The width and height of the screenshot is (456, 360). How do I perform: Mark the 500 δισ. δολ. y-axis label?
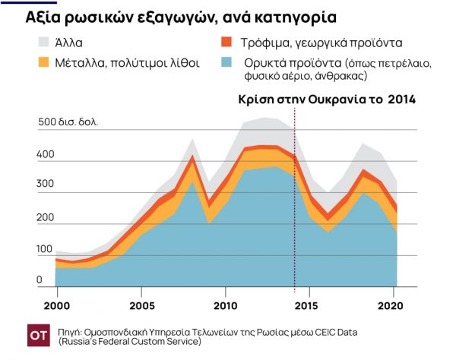point(68,122)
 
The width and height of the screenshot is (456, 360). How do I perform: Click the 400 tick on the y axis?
point(46,154)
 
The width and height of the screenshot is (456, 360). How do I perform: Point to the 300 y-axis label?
point(46,185)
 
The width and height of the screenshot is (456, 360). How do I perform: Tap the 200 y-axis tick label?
point(46,217)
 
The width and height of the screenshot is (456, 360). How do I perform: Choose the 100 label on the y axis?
point(46,249)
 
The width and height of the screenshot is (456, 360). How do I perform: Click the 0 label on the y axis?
point(40,280)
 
